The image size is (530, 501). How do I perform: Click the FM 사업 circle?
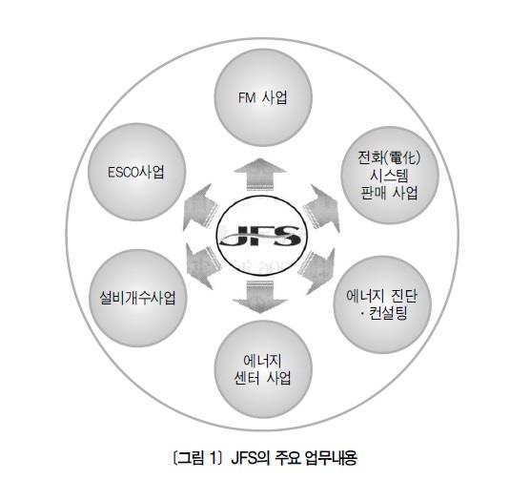[263, 97]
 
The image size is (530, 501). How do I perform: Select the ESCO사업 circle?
[136, 172]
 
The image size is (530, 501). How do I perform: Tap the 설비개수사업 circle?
[137, 298]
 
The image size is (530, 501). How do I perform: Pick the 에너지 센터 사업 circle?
[263, 369]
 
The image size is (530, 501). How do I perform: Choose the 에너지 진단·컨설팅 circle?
[382, 304]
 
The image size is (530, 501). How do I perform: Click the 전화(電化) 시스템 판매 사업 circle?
[389, 176]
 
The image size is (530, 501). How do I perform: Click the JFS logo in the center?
[261, 236]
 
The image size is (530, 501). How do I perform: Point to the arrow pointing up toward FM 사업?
[260, 174]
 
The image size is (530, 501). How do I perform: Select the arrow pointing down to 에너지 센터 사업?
[260, 297]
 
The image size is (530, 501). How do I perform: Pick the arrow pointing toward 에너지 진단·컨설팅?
[319, 271]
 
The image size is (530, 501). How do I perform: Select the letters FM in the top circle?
[246, 98]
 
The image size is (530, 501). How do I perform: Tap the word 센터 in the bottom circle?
[248, 378]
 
